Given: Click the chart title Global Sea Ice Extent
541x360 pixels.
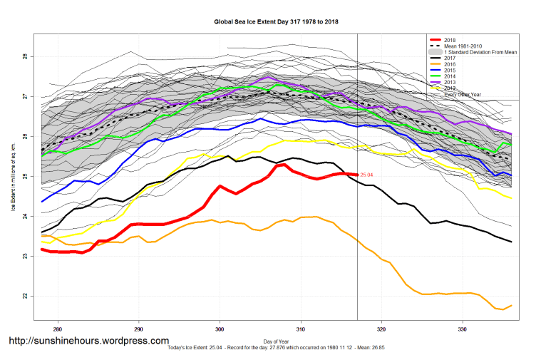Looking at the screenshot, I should point(277,21).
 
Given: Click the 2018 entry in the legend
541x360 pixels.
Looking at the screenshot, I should point(450,39).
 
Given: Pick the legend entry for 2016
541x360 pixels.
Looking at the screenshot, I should point(450,65).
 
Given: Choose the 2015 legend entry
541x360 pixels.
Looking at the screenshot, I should point(450,71).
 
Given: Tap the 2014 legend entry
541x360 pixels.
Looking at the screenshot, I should point(450,77).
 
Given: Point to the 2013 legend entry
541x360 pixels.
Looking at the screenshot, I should point(450,83).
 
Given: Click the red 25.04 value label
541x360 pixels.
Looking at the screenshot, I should point(367,175).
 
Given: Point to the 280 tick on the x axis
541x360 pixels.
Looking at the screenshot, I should point(58,329).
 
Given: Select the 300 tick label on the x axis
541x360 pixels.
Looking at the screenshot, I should point(220,329).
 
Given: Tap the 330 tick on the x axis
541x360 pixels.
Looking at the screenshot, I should point(463,329).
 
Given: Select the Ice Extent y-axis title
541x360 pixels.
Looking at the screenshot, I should point(13,177).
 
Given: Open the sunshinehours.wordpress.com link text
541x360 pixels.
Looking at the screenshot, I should point(89,341).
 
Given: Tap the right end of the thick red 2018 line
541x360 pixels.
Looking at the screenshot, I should point(356,174).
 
